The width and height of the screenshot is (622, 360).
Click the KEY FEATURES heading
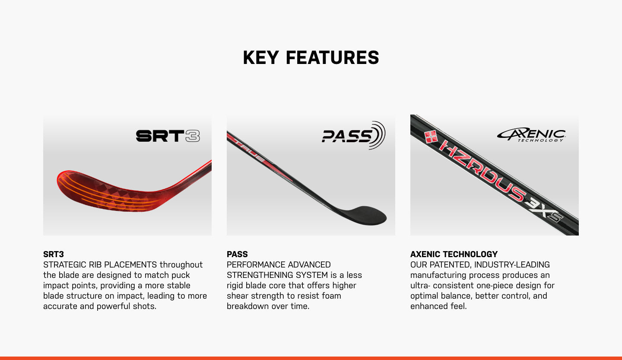tap(311, 57)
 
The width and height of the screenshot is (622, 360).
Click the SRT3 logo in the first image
tap(168, 136)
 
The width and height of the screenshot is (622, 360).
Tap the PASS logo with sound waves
tap(353, 135)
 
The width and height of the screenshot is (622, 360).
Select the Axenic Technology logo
tap(531, 135)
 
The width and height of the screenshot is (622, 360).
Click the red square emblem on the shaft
tap(431, 137)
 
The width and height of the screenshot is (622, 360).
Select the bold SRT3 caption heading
tap(54, 254)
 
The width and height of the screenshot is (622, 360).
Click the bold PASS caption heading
tap(237, 254)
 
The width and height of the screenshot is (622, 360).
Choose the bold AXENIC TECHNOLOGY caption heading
tap(454, 254)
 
